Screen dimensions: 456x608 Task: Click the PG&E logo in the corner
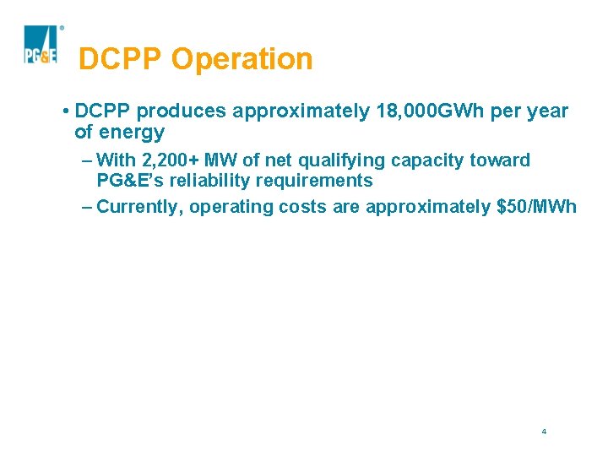[x=41, y=46]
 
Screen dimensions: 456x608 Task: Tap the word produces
[x=182, y=111]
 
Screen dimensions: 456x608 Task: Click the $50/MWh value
[x=538, y=207]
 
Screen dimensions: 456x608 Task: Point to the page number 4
[x=544, y=432]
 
